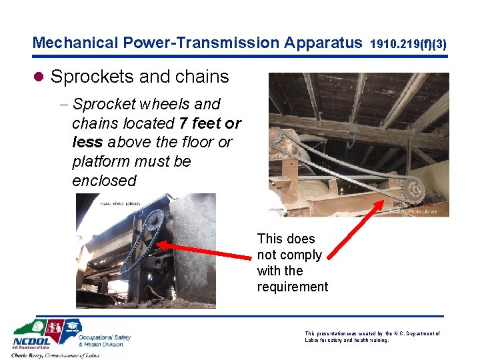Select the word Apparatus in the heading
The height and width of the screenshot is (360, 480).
coord(323,43)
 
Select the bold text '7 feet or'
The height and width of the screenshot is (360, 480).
coord(210,123)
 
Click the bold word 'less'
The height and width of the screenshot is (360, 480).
coord(87,143)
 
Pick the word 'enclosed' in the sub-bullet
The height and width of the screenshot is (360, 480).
coord(104,181)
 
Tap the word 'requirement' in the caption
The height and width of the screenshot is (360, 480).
coord(293,287)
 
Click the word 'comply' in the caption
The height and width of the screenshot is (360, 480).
coord(300,255)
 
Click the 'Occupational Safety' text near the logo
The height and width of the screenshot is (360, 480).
coord(105,337)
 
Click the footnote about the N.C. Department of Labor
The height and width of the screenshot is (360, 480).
coord(372,337)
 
